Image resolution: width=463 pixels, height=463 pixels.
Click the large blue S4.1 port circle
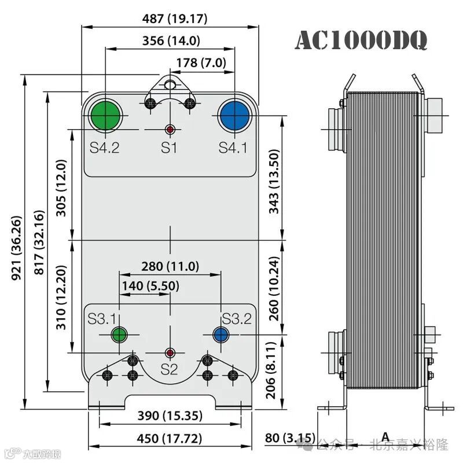234,114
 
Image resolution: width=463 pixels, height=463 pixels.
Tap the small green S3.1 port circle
119,335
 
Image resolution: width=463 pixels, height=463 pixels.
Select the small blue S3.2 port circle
221,335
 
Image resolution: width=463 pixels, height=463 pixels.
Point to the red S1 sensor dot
170,128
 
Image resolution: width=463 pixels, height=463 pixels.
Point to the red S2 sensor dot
170,352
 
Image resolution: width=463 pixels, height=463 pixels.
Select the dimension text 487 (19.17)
175,19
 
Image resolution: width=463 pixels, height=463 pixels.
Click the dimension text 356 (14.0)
171,41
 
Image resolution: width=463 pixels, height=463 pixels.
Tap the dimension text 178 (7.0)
200,63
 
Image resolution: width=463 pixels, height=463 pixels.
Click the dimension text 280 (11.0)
170,266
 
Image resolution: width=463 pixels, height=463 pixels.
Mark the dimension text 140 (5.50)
150,285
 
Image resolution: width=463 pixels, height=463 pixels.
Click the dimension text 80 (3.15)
291,438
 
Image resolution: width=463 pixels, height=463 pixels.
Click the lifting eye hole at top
170,84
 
